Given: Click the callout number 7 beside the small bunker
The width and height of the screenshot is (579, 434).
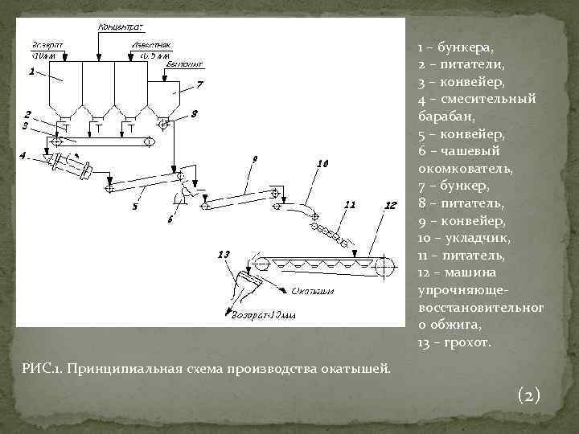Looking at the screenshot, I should click(x=200, y=84).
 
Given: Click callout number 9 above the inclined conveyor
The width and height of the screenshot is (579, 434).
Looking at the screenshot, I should click(x=254, y=161).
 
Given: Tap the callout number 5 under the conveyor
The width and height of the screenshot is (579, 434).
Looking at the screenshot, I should click(x=133, y=207).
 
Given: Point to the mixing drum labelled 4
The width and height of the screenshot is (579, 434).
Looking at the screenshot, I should click(x=71, y=167).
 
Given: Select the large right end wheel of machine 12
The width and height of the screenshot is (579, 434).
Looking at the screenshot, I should click(x=384, y=266).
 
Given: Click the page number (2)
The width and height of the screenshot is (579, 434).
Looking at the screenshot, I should click(x=529, y=395).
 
